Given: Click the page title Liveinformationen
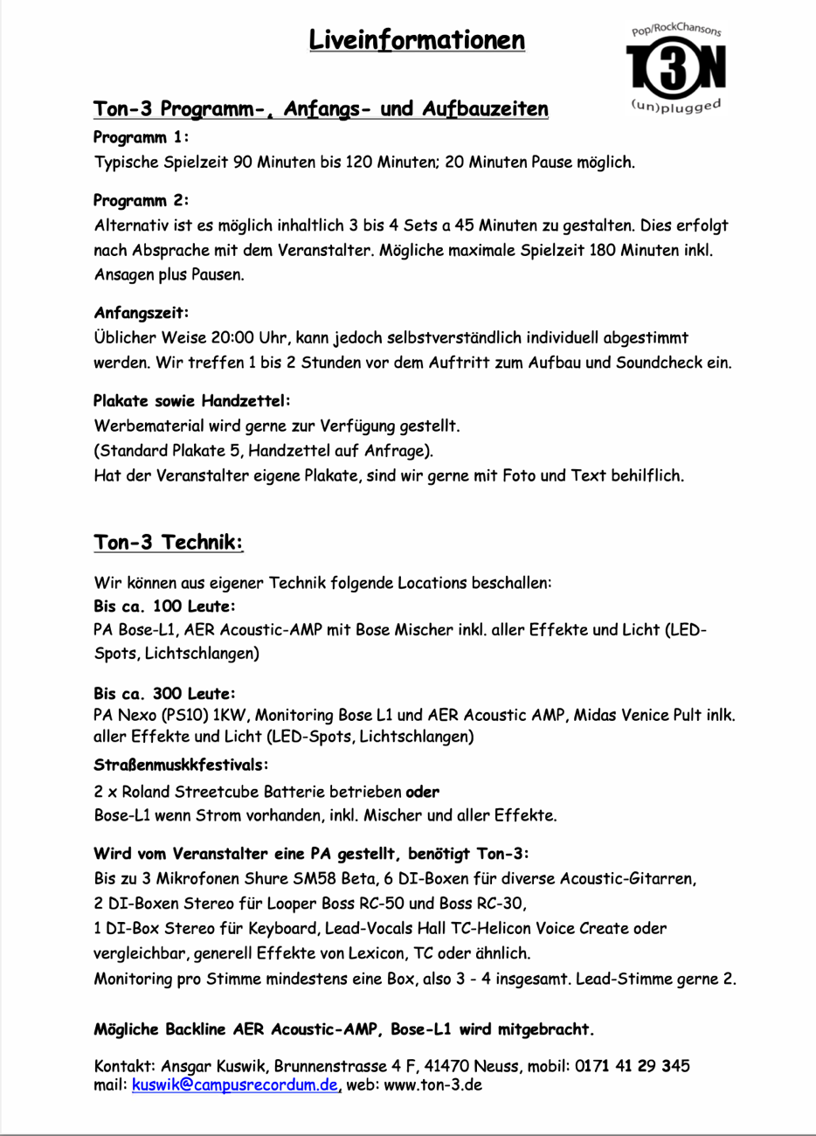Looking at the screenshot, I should [x=417, y=40].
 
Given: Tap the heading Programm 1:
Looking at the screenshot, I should [x=141, y=137].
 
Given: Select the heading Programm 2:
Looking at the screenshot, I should [x=142, y=200].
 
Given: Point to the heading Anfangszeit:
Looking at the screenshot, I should [x=141, y=313].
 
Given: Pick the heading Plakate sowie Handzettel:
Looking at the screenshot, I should [x=191, y=401].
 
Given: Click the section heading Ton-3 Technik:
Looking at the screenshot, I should [x=168, y=543].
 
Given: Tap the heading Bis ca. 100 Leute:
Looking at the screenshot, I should [x=164, y=606].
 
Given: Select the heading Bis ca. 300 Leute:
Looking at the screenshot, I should [x=164, y=694].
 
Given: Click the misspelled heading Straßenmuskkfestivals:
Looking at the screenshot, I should [x=181, y=765].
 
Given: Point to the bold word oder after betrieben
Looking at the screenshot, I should [x=423, y=792].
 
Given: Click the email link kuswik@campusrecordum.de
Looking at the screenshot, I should [x=235, y=1085].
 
